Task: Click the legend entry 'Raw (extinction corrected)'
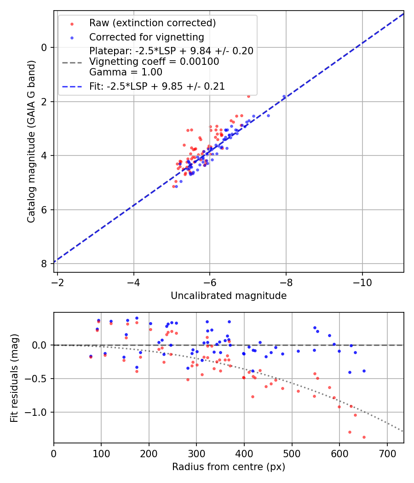click(153, 23)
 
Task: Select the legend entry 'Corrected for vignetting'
click(146, 37)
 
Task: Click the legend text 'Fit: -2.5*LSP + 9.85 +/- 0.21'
click(157, 86)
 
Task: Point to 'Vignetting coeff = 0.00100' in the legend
click(154, 61)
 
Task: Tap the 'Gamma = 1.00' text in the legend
click(126, 72)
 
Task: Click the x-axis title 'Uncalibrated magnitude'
click(229, 296)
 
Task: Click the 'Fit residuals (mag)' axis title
click(14, 378)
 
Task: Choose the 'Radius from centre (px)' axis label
click(229, 467)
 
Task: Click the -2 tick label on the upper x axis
click(57, 280)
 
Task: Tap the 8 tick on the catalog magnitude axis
click(45, 264)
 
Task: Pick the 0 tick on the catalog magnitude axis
click(45, 47)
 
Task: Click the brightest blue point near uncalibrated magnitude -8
click(284, 97)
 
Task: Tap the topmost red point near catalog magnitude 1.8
click(248, 96)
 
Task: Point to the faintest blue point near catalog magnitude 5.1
click(176, 186)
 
